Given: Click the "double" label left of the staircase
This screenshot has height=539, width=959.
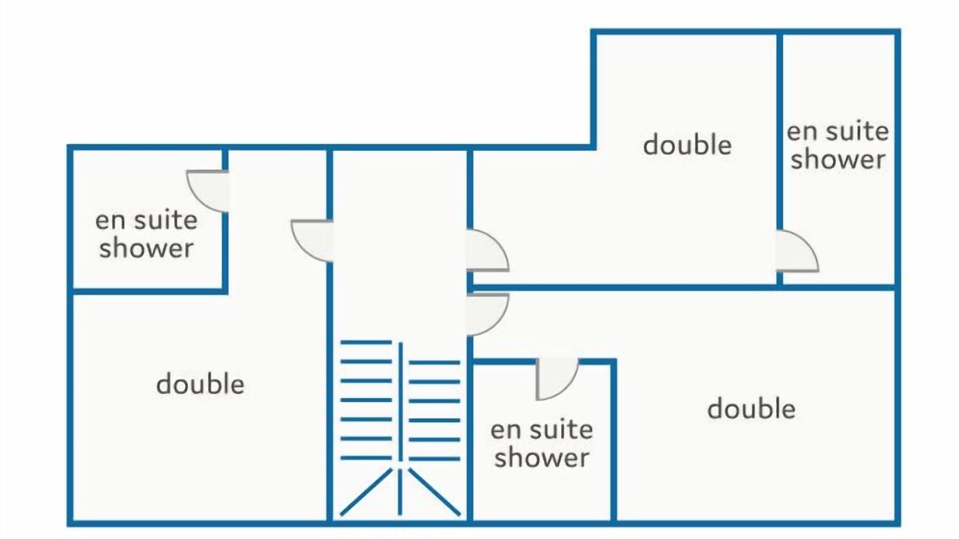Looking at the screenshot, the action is pyautogui.click(x=200, y=384).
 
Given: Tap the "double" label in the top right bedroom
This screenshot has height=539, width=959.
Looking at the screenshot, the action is pyautogui.click(x=688, y=144).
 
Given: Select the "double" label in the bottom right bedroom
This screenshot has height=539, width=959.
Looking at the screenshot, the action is pyautogui.click(x=751, y=409).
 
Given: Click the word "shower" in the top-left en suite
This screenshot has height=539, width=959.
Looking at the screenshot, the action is pyautogui.click(x=146, y=248).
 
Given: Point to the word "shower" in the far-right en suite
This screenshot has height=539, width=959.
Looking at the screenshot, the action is pyautogui.click(x=838, y=159).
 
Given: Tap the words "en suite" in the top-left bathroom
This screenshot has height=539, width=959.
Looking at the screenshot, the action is pyautogui.click(x=146, y=220).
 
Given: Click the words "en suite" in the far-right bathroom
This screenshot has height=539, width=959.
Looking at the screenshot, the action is pyautogui.click(x=838, y=131).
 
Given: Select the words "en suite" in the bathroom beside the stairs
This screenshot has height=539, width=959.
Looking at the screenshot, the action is pyautogui.click(x=542, y=429).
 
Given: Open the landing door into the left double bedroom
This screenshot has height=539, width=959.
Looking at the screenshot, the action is pyautogui.click(x=312, y=240).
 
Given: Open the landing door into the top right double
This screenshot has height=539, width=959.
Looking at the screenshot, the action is pyautogui.click(x=487, y=250).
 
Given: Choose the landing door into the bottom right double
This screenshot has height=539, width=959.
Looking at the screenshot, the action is pyautogui.click(x=487, y=314).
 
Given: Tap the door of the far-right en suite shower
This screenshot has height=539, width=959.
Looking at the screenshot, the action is pyautogui.click(x=797, y=251).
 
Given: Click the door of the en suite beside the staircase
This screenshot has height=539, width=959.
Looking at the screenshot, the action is pyautogui.click(x=557, y=379).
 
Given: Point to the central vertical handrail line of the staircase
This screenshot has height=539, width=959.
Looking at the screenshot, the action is pyautogui.click(x=400, y=428).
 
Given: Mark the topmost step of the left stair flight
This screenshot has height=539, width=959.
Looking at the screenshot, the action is pyautogui.click(x=366, y=342).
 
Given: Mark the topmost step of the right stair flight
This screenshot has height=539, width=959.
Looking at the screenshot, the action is pyautogui.click(x=434, y=362).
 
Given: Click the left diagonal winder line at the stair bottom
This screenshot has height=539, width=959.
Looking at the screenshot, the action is pyautogui.click(x=366, y=492).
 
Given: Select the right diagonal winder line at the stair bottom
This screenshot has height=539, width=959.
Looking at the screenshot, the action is pyautogui.click(x=434, y=492).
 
